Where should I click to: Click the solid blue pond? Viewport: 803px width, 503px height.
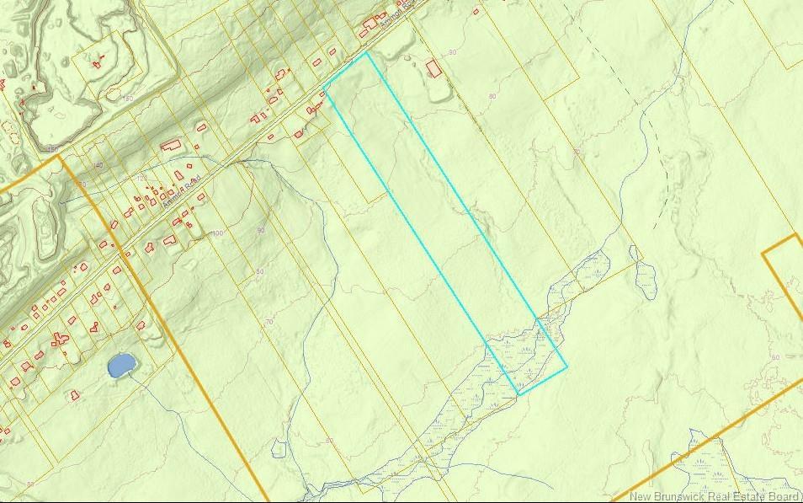[121, 364]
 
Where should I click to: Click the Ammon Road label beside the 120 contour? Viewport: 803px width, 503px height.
[182, 182]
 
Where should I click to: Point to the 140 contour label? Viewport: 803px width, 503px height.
[98, 165]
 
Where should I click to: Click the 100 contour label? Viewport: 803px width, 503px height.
[218, 233]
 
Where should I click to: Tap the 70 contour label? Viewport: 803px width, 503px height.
[269, 322]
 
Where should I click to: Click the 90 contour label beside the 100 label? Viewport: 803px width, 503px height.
[260, 230]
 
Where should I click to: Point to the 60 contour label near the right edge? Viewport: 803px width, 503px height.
[774, 357]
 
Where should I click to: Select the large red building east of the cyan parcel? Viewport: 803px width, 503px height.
[433, 68]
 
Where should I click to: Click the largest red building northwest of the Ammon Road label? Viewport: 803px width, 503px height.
[171, 146]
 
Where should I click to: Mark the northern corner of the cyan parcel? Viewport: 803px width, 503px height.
[368, 52]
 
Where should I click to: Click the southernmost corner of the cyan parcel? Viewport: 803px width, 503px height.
[518, 394]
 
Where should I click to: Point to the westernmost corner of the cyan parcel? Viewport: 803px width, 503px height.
[324, 88]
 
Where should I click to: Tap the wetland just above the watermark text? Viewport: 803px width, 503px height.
[707, 459]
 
